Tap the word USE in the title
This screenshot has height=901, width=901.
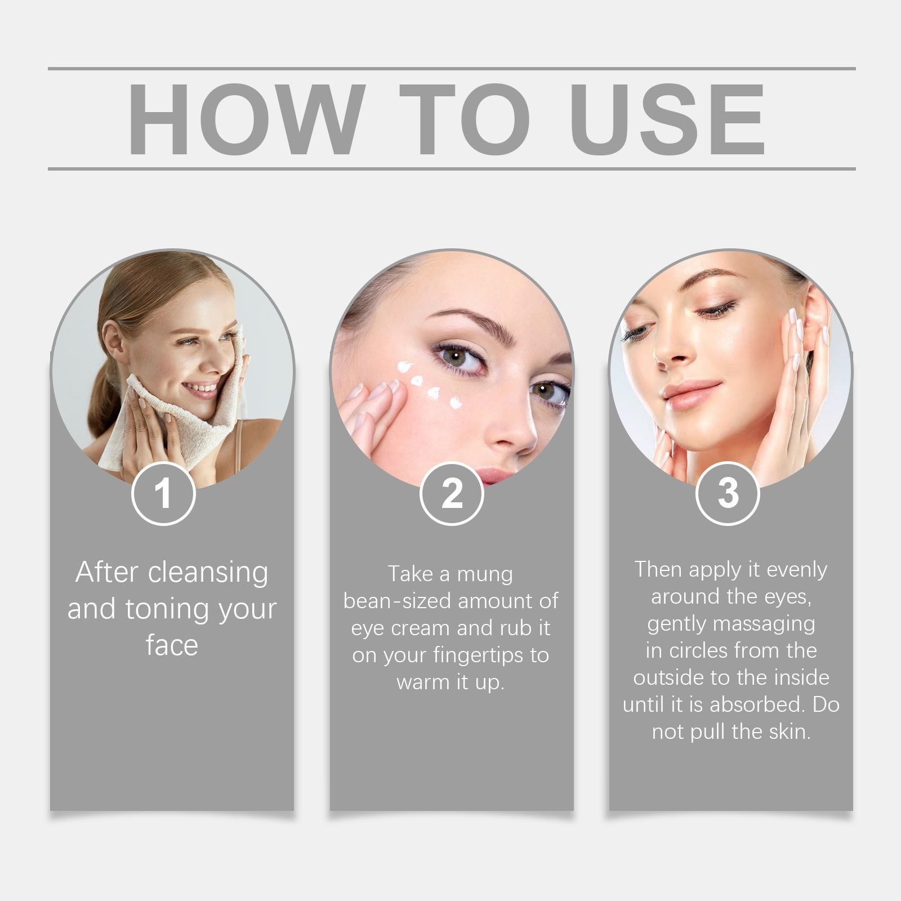(670, 119)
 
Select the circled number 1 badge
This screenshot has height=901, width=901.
(163, 493)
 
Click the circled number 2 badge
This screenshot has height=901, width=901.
(452, 493)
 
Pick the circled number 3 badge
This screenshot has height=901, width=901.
(728, 493)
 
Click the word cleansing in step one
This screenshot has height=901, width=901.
(208, 572)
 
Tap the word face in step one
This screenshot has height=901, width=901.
(172, 645)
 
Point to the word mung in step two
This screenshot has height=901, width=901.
(485, 574)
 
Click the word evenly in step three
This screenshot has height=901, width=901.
(797, 569)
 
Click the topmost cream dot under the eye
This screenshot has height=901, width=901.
(404, 367)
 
